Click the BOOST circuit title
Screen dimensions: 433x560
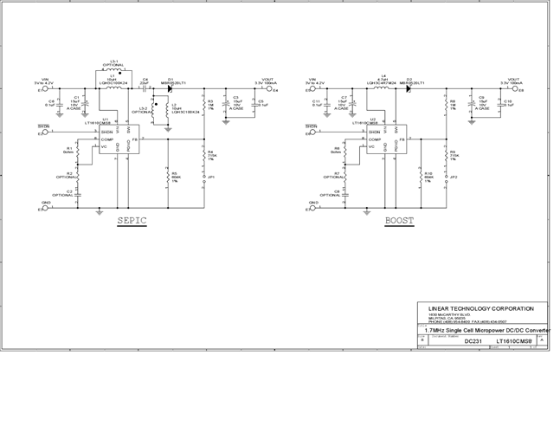[400, 221]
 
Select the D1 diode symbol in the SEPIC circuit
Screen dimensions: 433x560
[171, 88]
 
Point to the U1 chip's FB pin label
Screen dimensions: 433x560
[138, 140]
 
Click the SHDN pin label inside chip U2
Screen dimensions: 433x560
[375, 132]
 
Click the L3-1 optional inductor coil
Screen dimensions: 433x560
[112, 71]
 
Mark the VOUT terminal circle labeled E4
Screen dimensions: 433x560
[269, 89]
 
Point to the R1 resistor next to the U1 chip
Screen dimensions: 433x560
[77, 152]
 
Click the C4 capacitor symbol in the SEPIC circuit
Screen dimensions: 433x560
[145, 88]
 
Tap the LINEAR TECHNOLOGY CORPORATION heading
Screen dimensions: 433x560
[481, 308]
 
